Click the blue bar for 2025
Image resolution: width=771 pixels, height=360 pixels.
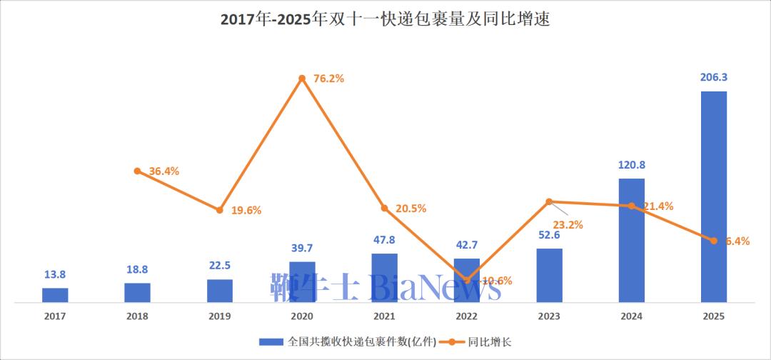[713, 196]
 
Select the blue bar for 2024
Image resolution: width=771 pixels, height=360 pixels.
[631, 240]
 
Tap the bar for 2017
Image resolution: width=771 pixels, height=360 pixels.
[55, 295]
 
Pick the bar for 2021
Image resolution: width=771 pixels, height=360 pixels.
[384, 278]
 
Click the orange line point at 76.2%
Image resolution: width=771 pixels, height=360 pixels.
[302, 78]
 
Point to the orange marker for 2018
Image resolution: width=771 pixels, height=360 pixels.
[137, 171]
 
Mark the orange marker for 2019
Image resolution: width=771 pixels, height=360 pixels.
[220, 210]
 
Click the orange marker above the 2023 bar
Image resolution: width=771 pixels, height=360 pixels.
[549, 201]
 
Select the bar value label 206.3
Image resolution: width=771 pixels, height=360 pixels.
[713, 77]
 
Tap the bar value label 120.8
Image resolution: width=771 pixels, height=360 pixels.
[631, 164]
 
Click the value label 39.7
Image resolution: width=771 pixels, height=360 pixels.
[302, 248]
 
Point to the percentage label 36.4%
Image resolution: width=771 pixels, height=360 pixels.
[163, 171]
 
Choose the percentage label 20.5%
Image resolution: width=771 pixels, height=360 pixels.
[410, 209]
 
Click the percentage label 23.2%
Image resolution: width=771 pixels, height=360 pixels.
[568, 224]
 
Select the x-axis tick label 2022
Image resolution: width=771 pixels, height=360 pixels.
[467, 316]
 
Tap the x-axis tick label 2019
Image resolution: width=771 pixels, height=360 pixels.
[220, 316]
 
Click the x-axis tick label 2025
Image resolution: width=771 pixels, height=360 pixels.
[713, 316]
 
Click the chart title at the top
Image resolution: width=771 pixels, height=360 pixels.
[385, 19]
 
